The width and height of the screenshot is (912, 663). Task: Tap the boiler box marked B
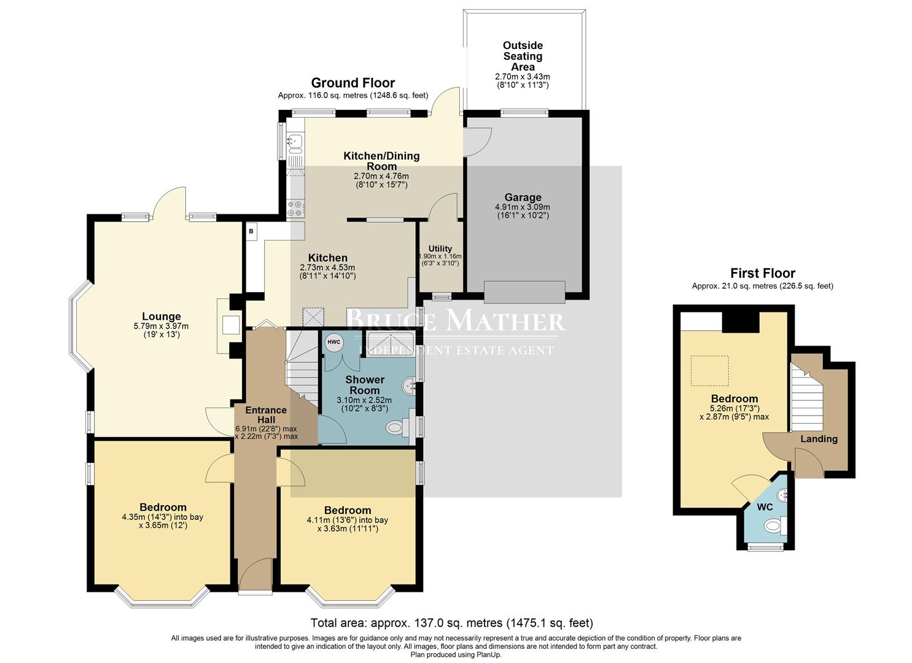[x=251, y=231]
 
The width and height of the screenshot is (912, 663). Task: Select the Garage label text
[x=523, y=197]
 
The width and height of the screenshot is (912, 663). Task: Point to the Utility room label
[x=440, y=249]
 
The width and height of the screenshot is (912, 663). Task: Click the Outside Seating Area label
[x=523, y=56]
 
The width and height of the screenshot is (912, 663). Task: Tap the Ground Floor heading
[x=353, y=83]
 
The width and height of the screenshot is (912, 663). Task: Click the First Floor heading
[x=762, y=273]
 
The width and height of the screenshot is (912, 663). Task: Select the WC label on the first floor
[x=765, y=507]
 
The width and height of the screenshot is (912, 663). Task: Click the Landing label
[x=819, y=439]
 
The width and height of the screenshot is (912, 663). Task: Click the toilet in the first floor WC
[x=773, y=526]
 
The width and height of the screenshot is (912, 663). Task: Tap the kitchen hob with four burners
[x=295, y=209]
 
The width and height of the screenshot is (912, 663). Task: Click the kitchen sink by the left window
[x=294, y=142]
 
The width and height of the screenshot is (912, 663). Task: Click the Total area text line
[x=451, y=622]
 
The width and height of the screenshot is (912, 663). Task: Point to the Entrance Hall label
[x=266, y=415]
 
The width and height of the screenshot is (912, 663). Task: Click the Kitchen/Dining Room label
[x=381, y=161]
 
